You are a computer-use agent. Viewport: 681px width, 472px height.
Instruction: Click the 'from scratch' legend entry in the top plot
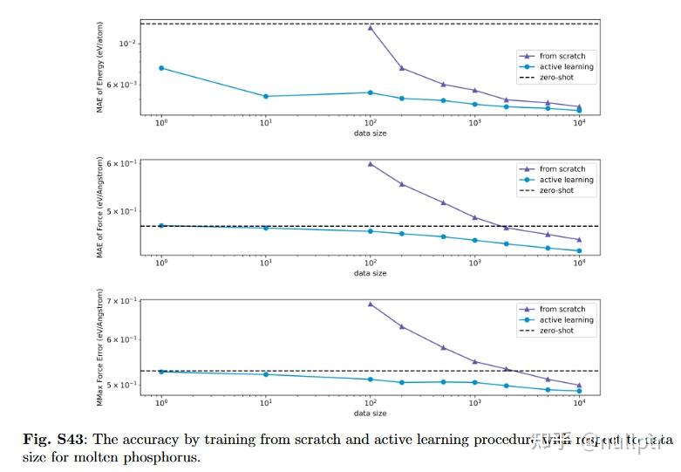(562, 56)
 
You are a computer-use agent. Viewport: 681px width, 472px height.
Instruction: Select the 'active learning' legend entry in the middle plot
(566, 180)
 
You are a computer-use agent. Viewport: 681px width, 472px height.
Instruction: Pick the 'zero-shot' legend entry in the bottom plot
(556, 331)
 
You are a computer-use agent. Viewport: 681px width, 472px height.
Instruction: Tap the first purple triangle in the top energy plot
(371, 28)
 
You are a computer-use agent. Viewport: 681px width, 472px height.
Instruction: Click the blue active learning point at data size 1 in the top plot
(161, 68)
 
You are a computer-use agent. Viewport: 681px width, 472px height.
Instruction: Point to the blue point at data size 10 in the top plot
(266, 96)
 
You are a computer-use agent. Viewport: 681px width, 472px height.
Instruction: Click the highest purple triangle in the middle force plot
(371, 164)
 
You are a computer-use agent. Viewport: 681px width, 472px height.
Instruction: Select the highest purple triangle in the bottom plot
(371, 304)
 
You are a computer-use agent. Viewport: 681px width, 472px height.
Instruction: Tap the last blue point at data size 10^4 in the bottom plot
(579, 391)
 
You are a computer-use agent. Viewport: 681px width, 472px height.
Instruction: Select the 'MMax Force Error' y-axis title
(100, 347)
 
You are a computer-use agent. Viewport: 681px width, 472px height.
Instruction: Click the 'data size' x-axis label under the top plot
(371, 133)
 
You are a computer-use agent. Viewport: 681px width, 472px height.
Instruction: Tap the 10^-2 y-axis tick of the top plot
(127, 43)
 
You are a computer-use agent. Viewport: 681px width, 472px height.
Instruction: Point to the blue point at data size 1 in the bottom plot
(161, 372)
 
